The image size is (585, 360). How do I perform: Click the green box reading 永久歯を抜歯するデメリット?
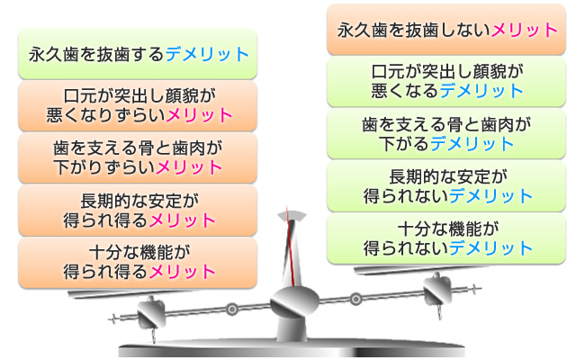tap(138, 54)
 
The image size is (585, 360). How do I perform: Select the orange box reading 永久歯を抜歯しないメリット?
tap(446, 30)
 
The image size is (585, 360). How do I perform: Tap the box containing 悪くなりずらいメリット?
tap(138, 106)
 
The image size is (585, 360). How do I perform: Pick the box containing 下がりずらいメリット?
tap(138, 158)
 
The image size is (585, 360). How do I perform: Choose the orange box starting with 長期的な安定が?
tap(138, 211)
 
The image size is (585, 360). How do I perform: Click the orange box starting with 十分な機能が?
tap(138, 263)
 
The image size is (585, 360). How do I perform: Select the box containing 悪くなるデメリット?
tap(446, 82)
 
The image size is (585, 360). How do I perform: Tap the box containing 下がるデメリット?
tap(446, 134)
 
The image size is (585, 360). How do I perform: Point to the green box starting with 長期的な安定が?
tap(446, 186)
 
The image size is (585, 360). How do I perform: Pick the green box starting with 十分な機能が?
tap(446, 238)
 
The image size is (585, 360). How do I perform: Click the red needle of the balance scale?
tap(291, 247)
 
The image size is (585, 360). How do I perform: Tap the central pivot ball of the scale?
tap(294, 301)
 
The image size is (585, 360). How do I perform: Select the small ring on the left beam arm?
tap(231, 309)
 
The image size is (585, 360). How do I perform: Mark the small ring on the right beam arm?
tap(355, 299)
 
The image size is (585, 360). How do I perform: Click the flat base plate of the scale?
tap(292, 349)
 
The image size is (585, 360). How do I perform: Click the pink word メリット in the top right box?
tap(524, 30)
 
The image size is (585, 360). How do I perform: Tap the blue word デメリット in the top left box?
tap(207, 55)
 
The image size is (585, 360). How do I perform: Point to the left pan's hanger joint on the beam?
tap(151, 314)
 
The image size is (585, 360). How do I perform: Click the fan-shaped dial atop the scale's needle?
tap(292, 216)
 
